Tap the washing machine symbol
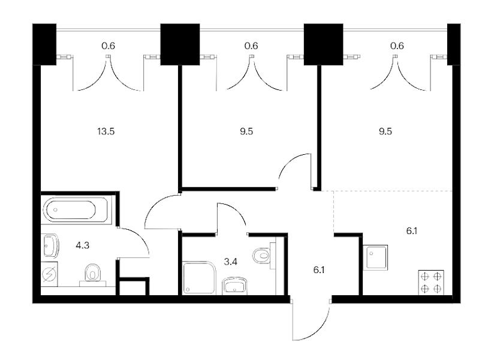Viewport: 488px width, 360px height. click(x=49, y=274)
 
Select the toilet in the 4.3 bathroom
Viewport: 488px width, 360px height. click(x=92, y=274)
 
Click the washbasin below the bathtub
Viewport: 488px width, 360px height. click(x=50, y=245)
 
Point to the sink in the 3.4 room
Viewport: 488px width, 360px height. click(x=235, y=286)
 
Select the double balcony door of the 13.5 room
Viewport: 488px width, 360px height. click(x=108, y=73)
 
